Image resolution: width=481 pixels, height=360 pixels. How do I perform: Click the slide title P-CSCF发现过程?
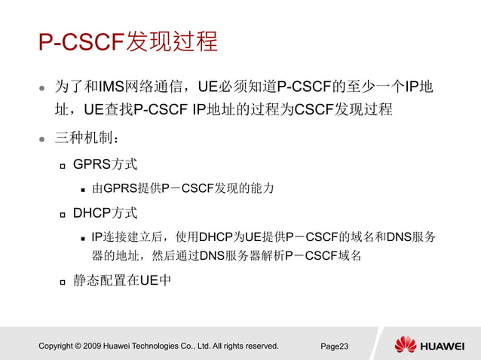(x=128, y=41)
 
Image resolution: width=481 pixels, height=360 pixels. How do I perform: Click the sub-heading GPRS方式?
(x=105, y=164)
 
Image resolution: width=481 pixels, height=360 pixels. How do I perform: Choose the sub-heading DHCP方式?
(x=105, y=213)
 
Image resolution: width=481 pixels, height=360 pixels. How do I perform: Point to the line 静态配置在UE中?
(x=122, y=282)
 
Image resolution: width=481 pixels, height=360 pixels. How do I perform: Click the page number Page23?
(x=335, y=346)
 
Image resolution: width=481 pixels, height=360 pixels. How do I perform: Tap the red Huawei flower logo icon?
(x=406, y=345)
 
